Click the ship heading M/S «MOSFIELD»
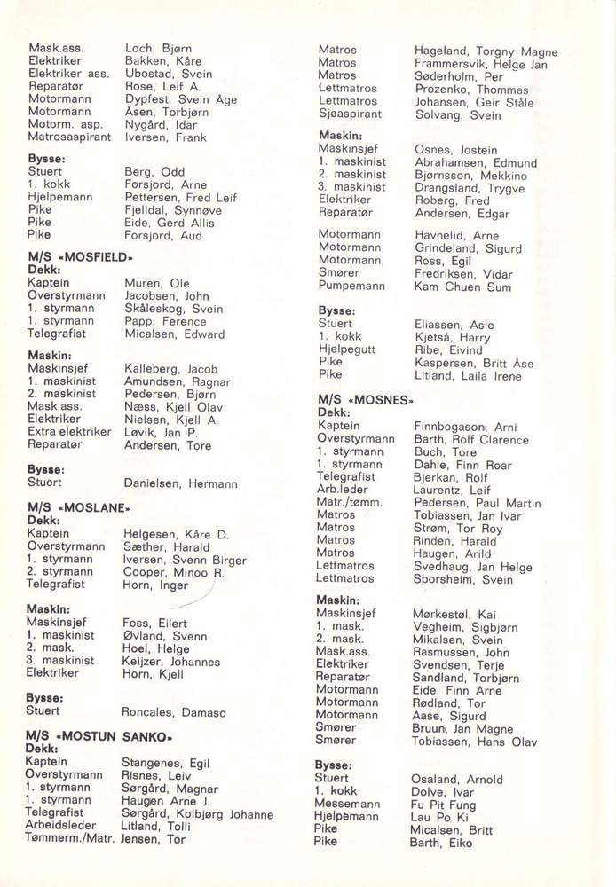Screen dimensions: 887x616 coord(82,257)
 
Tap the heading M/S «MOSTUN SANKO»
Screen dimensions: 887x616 coord(98,736)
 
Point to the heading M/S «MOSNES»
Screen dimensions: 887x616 coord(366,400)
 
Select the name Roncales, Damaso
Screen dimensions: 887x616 coord(173,712)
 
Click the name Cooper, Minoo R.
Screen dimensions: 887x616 coord(172,572)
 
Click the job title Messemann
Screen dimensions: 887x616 coord(347,805)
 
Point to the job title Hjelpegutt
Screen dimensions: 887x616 coord(347,349)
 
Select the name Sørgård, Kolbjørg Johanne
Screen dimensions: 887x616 coord(197,813)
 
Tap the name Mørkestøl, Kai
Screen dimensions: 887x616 coord(457,613)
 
